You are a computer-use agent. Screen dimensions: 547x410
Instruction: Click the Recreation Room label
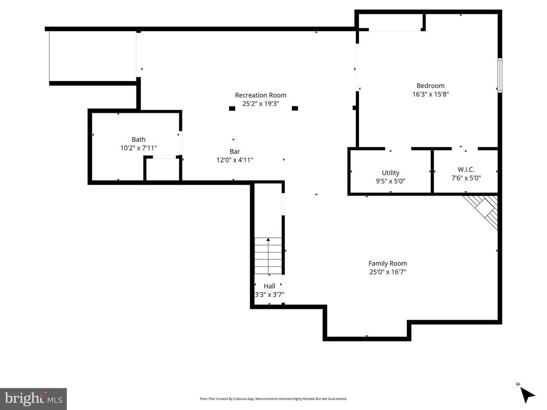click(261, 95)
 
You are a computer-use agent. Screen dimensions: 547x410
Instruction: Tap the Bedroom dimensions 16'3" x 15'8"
click(431, 94)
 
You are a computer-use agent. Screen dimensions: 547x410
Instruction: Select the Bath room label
click(139, 139)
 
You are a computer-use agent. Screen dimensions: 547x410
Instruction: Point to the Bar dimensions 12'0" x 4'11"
click(235, 160)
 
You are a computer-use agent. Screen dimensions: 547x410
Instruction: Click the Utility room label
click(390, 173)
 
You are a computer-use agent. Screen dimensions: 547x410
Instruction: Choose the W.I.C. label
click(466, 170)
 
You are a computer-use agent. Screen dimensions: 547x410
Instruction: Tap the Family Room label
click(387, 264)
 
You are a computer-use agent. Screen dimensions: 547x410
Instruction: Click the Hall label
click(269, 286)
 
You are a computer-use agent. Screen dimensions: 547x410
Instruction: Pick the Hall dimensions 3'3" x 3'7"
click(269, 295)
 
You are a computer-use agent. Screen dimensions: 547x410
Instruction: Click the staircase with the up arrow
click(268, 256)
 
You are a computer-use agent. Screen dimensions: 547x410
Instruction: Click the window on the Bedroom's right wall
click(500, 75)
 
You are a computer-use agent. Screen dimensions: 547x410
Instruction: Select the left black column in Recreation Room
click(232, 108)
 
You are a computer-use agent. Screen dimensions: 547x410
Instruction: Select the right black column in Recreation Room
click(295, 108)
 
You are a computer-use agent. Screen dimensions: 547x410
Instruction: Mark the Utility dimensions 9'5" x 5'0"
click(390, 181)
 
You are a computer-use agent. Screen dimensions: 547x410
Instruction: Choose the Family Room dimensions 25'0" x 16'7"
click(387, 272)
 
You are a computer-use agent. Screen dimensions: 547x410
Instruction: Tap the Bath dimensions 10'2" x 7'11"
click(139, 148)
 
